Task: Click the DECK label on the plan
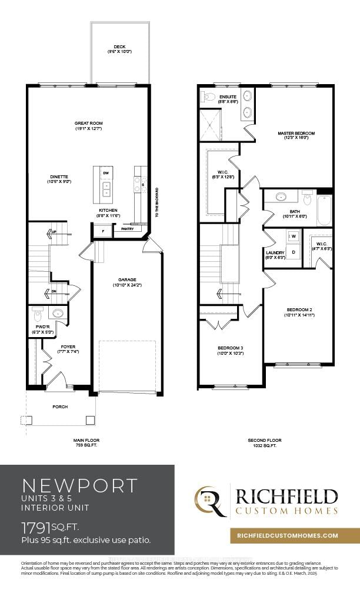[x=119, y=47]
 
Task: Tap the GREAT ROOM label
[x=88, y=124]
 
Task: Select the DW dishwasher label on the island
[x=106, y=174]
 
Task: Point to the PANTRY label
[x=127, y=229]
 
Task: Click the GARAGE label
[x=126, y=280]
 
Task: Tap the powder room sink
[x=58, y=313]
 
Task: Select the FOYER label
[x=68, y=347]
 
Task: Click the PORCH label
[x=60, y=407]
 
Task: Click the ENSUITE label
[x=228, y=96]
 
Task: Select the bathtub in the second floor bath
[x=324, y=209]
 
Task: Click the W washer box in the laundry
[x=294, y=236]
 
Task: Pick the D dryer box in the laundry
[x=294, y=252]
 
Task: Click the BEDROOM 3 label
[x=230, y=348]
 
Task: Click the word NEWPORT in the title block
[x=79, y=485]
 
